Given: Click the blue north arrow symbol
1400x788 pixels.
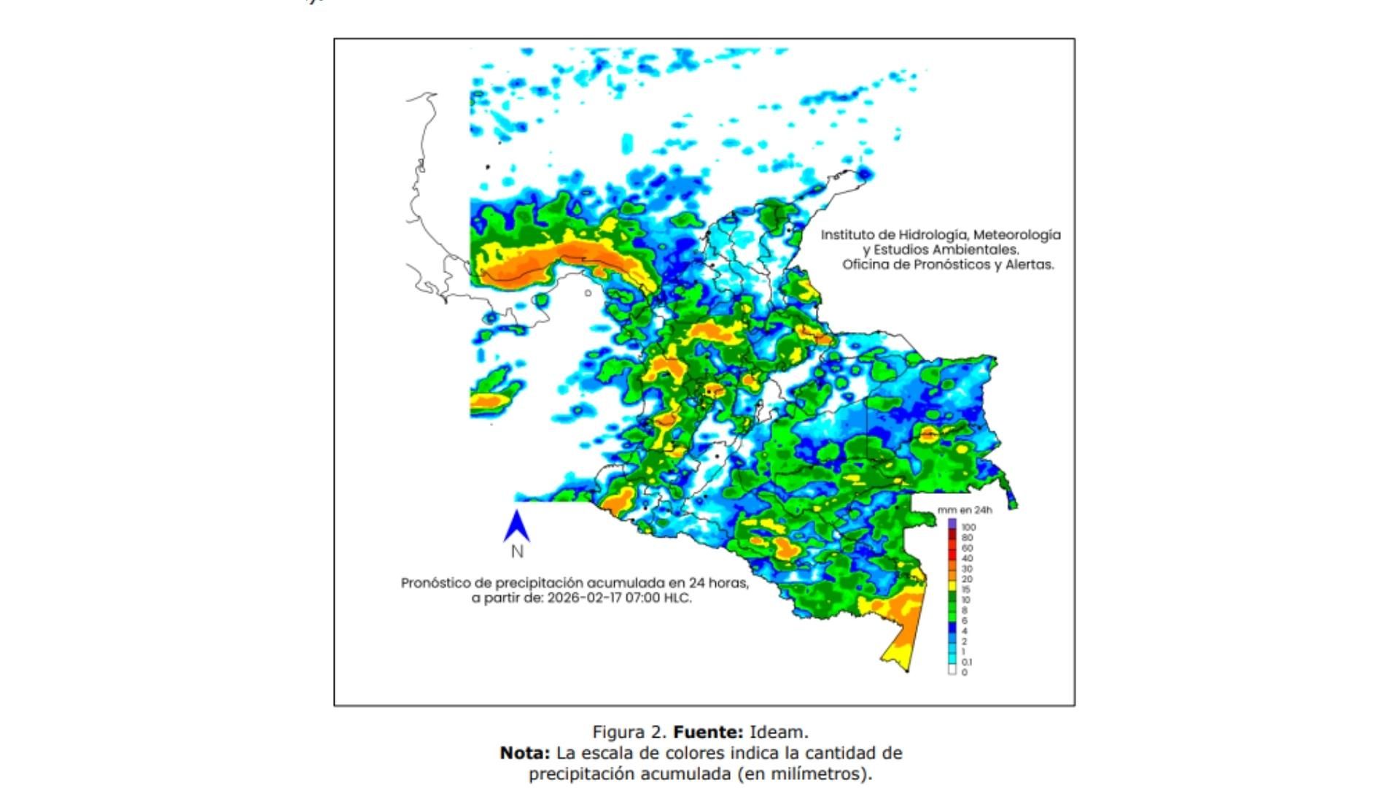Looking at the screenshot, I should click(516, 526).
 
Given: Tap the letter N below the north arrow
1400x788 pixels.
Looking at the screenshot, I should click(517, 552).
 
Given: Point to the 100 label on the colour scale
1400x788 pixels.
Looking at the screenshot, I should click(968, 527).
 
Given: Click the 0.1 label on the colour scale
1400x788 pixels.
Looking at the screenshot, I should click(966, 662).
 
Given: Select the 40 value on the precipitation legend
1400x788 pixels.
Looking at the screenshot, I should click(967, 558).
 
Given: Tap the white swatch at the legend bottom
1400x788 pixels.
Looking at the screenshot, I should click(952, 671).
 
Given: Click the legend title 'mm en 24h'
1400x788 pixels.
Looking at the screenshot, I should click(964, 510).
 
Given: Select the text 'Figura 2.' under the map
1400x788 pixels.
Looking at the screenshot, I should click(629, 732).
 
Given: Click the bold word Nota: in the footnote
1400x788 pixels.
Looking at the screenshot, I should click(525, 753).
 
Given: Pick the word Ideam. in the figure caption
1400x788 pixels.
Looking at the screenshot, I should click(779, 732).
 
